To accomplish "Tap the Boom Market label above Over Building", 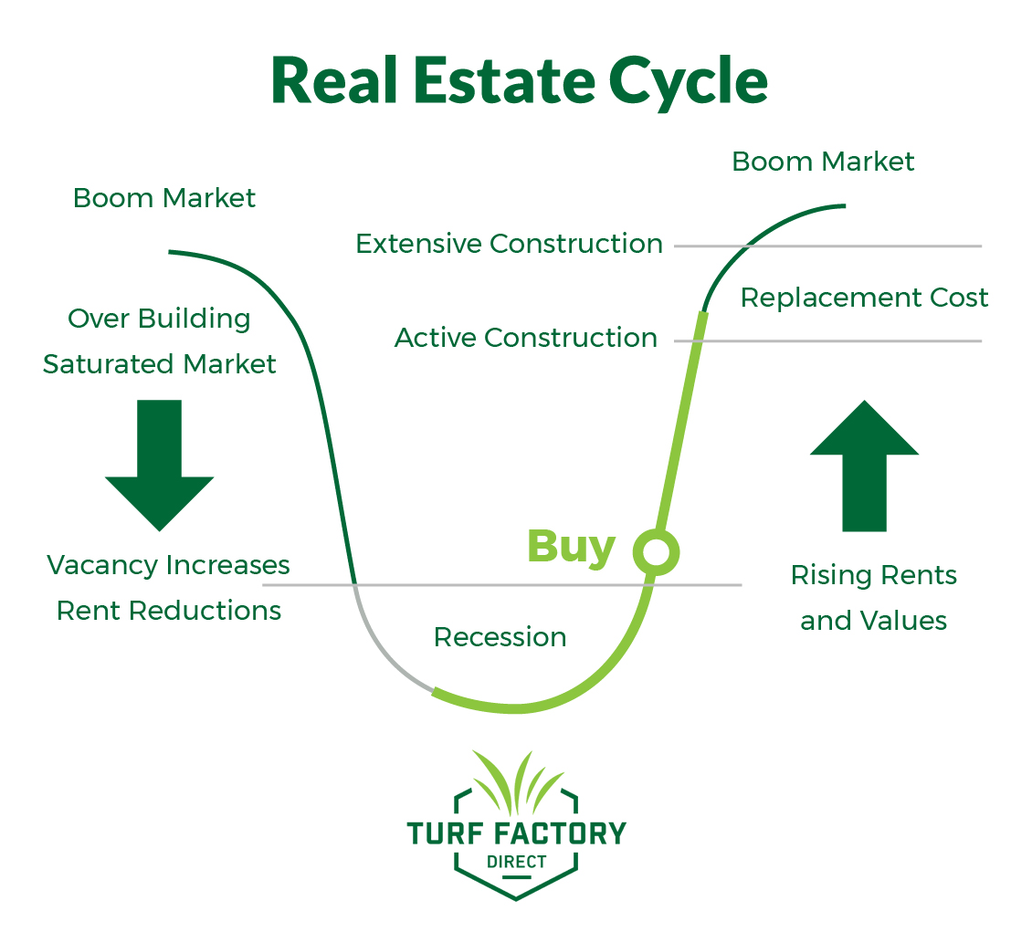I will (x=164, y=198).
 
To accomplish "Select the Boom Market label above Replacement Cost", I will (x=823, y=162).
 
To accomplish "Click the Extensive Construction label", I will (x=509, y=244).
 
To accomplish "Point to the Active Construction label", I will (x=525, y=338).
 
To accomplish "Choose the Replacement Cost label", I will (x=864, y=298).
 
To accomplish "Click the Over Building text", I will (x=159, y=319).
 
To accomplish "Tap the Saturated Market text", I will (x=159, y=364).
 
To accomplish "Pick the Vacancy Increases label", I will (x=168, y=565).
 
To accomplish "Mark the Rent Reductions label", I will (x=168, y=611).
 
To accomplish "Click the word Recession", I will (x=500, y=637).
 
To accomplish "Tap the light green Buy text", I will (x=571, y=547).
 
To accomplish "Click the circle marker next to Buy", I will (x=657, y=551).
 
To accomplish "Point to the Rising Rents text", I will (x=873, y=575).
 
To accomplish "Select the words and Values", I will (x=873, y=621).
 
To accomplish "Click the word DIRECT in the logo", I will (x=516, y=861).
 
